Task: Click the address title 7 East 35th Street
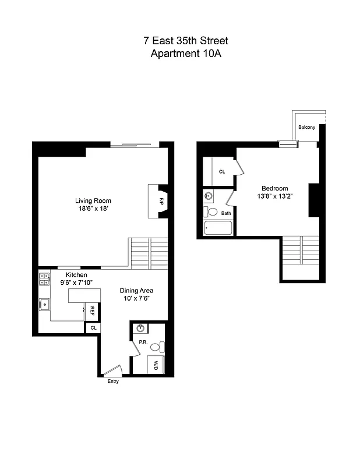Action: pyautogui.click(x=186, y=41)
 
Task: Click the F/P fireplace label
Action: pyautogui.click(x=161, y=201)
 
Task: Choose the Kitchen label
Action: pyautogui.click(x=76, y=275)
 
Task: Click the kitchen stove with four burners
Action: pyautogui.click(x=44, y=279)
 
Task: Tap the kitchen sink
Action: pyautogui.click(x=44, y=303)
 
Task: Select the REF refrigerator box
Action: pyautogui.click(x=92, y=311)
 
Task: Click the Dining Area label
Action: pyautogui.click(x=136, y=290)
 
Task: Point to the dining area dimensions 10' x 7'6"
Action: pyautogui.click(x=136, y=299)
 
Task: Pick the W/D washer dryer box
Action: pyautogui.click(x=156, y=365)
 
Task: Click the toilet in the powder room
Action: pyautogui.click(x=156, y=347)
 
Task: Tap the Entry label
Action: pyautogui.click(x=113, y=382)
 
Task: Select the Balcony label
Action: pyautogui.click(x=307, y=127)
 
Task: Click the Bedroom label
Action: pyautogui.click(x=274, y=188)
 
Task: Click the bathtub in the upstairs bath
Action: pyautogui.click(x=218, y=228)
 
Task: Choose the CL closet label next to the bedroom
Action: pyautogui.click(x=222, y=172)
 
